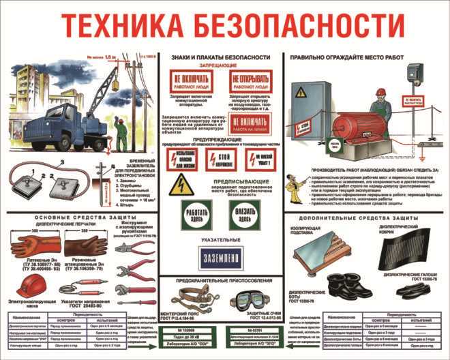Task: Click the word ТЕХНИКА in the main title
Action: pos(127,26)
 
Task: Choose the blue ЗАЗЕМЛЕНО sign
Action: pos(224,256)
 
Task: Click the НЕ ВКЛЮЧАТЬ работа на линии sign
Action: pos(252,123)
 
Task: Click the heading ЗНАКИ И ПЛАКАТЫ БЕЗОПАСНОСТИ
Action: pos(224,58)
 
